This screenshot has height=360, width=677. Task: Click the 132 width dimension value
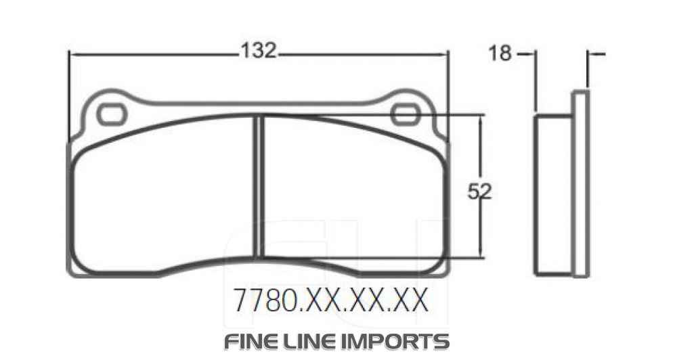click(258, 51)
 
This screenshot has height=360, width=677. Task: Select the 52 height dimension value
click(479, 192)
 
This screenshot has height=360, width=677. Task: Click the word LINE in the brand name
click(319, 340)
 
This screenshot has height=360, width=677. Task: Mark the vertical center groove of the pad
click(258, 186)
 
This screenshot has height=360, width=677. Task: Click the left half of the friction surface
click(162, 196)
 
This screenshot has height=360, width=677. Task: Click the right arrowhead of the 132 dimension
click(444, 54)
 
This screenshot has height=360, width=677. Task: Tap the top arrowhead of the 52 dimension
click(481, 119)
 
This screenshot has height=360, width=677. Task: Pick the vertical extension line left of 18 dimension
click(536, 81)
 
